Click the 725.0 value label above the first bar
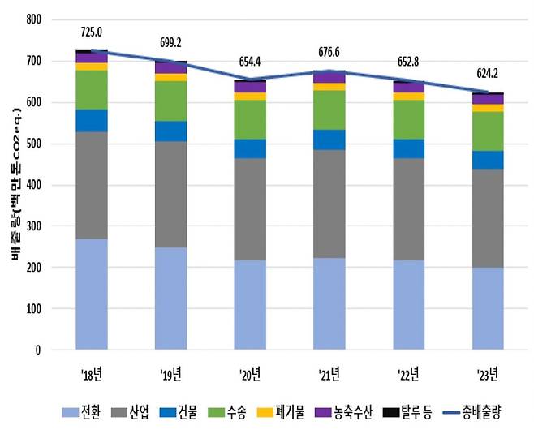click(92, 32)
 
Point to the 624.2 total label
click(488, 80)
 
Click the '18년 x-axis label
click(92, 373)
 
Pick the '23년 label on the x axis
click(488, 373)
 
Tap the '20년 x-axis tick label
click(250, 373)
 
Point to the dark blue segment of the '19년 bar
click(171, 131)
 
